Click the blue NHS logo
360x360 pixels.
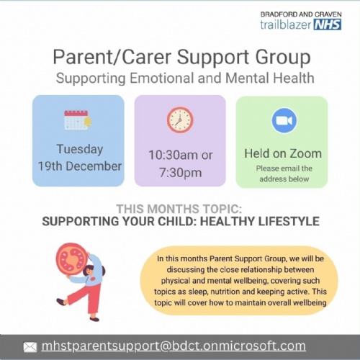click(x=328, y=24)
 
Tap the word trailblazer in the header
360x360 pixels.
click(x=286, y=24)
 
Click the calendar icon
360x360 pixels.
click(x=78, y=120)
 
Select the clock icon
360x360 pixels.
click(x=180, y=120)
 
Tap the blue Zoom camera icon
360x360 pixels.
click(x=284, y=120)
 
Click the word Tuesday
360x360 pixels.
click(x=80, y=149)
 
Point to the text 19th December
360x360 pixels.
click(x=80, y=166)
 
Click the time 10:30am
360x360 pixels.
click(x=173, y=155)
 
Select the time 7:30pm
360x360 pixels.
click(x=180, y=173)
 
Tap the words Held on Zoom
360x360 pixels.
click(x=283, y=153)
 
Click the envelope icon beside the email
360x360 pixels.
click(x=30, y=347)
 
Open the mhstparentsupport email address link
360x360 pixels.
click(x=174, y=346)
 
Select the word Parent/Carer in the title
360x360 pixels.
click(x=112, y=57)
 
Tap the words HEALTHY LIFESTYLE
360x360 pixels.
click(x=260, y=221)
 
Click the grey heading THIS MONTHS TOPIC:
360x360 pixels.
click(x=179, y=209)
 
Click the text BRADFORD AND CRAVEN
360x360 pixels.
click(x=301, y=14)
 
